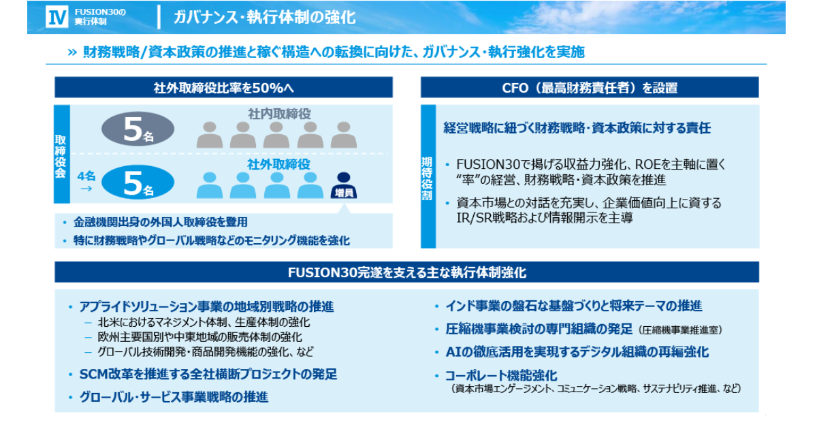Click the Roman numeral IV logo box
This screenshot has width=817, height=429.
point(57,17)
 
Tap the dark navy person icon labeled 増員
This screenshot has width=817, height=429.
point(344,185)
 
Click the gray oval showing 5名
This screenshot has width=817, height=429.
point(138,129)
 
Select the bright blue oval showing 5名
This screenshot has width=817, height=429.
point(138,182)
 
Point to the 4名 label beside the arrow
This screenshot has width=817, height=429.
point(86,176)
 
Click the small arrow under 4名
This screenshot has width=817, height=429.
point(86,189)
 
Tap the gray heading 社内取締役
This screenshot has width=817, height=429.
point(279,114)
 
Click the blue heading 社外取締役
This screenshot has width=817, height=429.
point(279,165)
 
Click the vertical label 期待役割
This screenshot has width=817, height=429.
point(427,178)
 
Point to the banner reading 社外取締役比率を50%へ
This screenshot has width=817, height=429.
point(223,87)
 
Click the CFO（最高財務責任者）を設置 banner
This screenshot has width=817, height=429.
point(590,87)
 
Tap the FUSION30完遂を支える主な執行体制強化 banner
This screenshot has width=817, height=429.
point(406,272)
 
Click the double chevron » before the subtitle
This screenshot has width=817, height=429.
point(72,52)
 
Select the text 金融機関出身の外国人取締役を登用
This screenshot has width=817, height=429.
point(161,222)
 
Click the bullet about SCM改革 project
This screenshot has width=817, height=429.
point(208,375)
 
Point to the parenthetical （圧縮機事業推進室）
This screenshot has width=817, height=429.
point(681,330)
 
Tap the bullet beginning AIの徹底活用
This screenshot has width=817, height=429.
point(577,352)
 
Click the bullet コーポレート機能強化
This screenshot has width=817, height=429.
point(502,375)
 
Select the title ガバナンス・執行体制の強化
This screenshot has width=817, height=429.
point(265,17)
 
